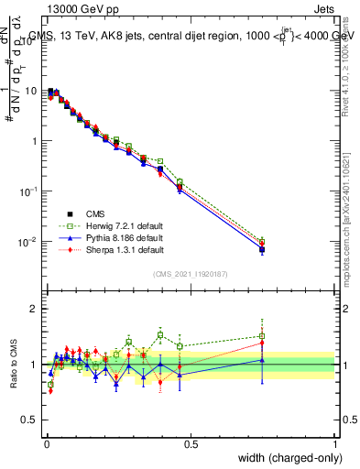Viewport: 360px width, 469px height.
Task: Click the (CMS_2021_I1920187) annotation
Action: pyautogui.click(x=191, y=273)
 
